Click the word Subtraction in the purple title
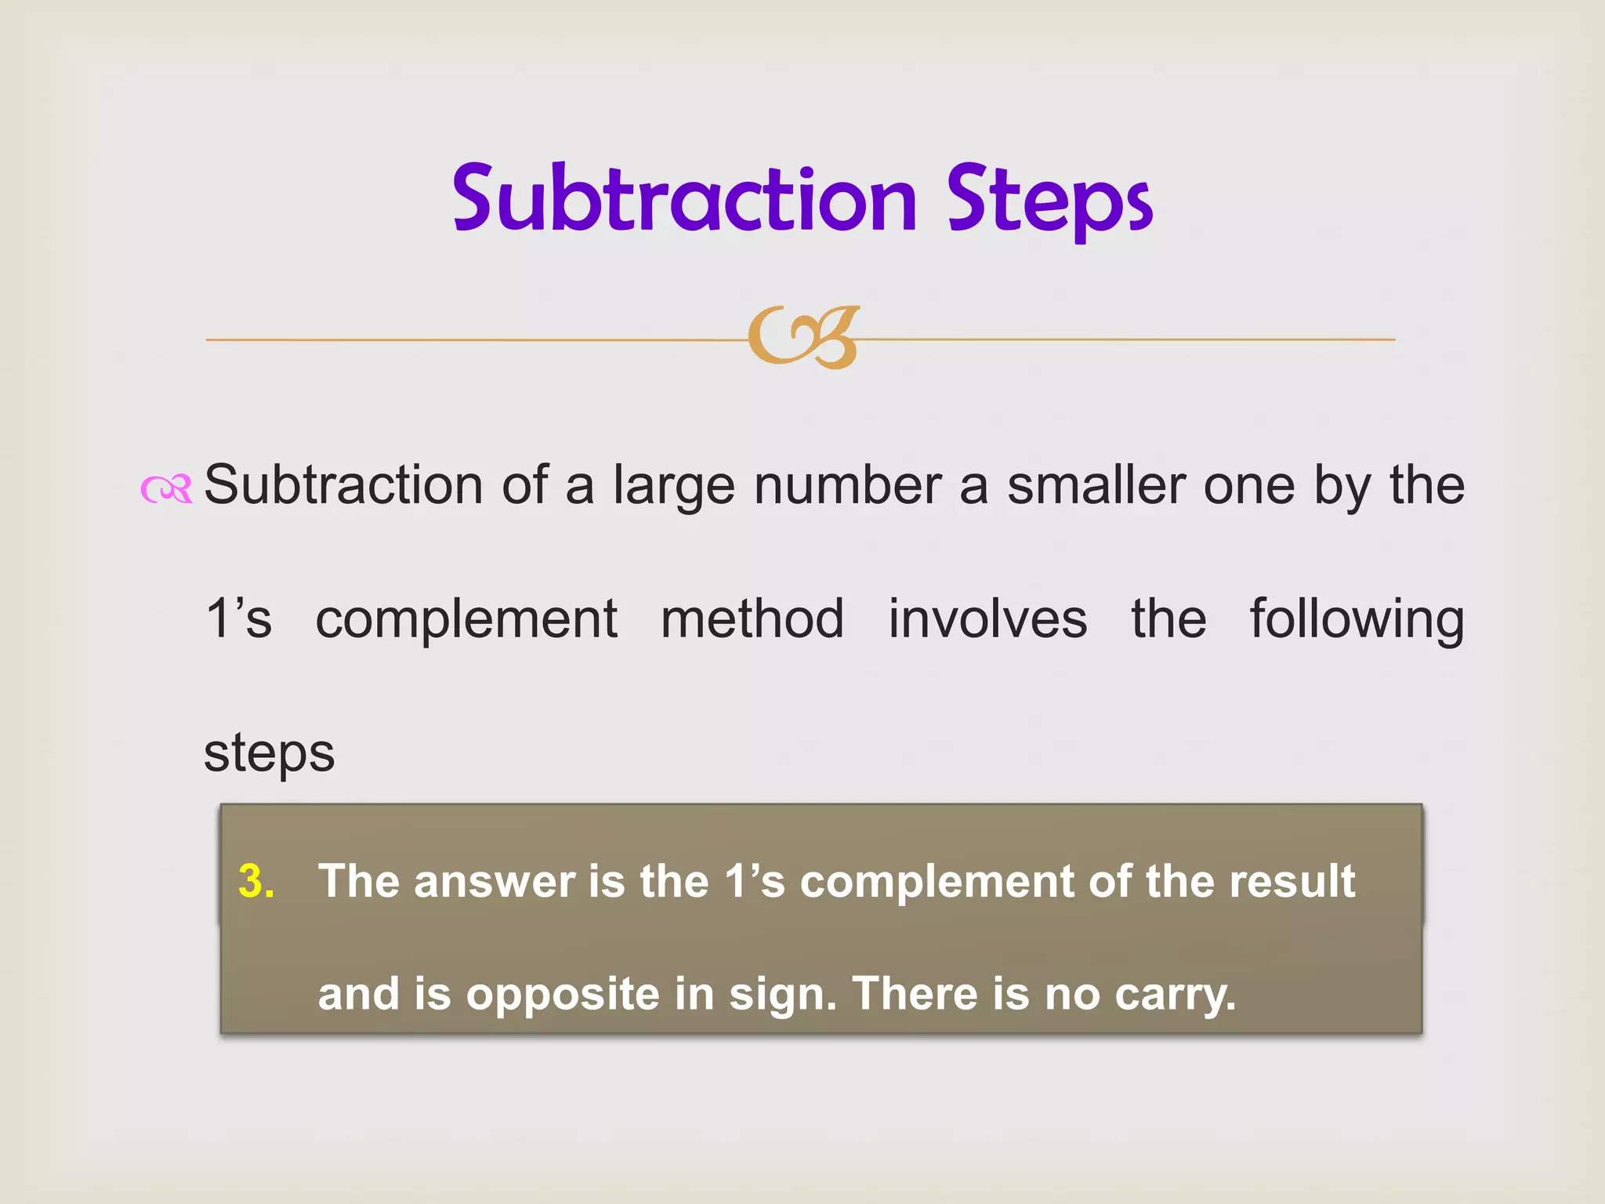point(684,199)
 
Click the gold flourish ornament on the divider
point(803,338)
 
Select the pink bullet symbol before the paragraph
point(166,489)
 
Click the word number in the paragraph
point(847,486)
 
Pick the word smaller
point(1096,486)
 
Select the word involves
point(987,619)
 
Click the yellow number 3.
point(256,881)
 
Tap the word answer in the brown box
point(495,882)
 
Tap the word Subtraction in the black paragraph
point(343,486)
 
